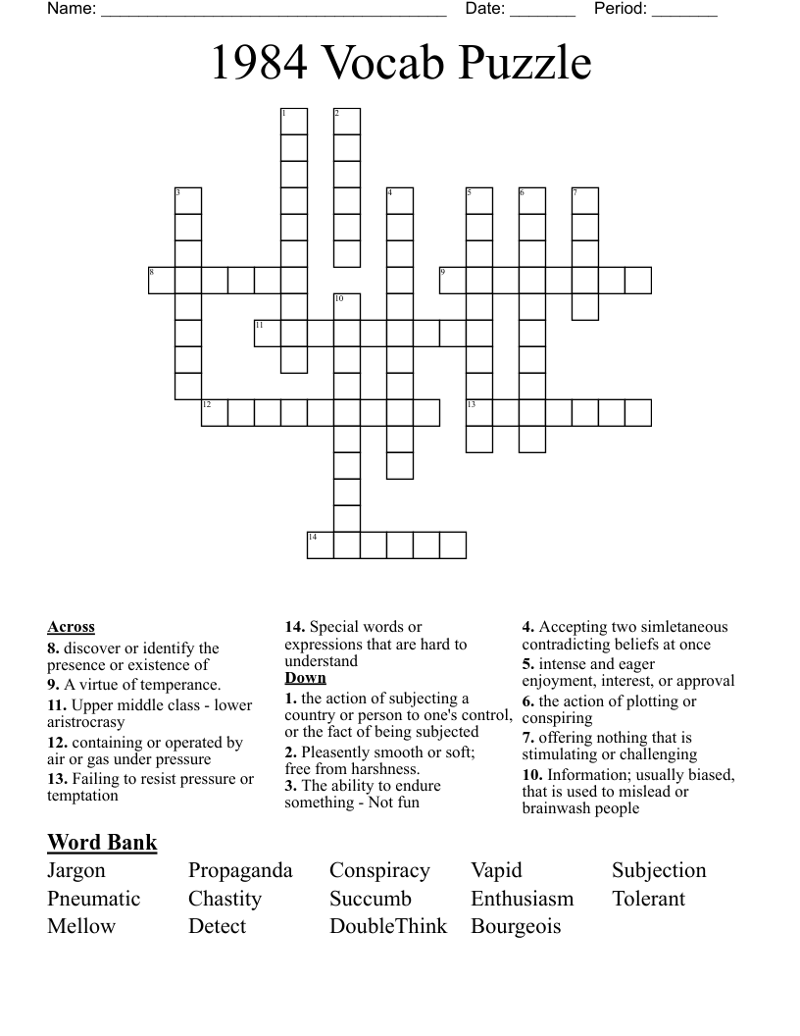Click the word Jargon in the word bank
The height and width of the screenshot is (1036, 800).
[76, 871]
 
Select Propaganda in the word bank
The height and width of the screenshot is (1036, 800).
[240, 871]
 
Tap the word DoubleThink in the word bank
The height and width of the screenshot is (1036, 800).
[388, 926]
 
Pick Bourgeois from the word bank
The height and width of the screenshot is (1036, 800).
[516, 926]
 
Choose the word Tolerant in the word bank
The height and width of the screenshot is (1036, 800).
[648, 899]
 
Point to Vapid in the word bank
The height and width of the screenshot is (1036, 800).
[496, 871]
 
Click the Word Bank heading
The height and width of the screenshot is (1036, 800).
[102, 842]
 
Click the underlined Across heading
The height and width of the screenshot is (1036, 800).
[71, 627]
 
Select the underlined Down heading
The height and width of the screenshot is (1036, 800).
[305, 678]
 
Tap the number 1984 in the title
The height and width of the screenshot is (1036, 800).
[259, 64]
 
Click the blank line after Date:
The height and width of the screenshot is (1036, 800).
[542, 12]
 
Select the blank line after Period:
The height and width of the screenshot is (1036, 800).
[684, 12]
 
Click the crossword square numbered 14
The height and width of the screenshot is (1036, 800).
[321, 545]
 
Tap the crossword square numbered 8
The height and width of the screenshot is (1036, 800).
[162, 281]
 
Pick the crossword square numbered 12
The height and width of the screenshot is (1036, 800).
[215, 413]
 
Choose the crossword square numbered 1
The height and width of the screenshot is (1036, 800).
[294, 122]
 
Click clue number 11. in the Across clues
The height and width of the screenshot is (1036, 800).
[57, 705]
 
